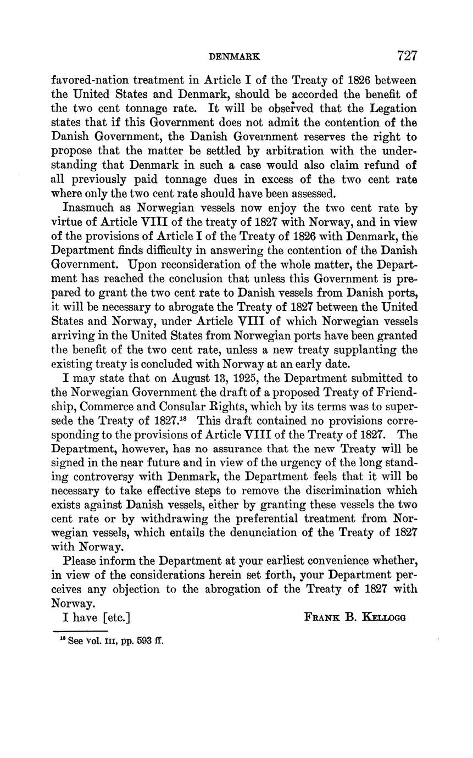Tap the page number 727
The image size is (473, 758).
pos(407,55)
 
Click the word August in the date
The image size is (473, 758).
pos(192,378)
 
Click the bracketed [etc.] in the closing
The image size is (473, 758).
pos(116,617)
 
